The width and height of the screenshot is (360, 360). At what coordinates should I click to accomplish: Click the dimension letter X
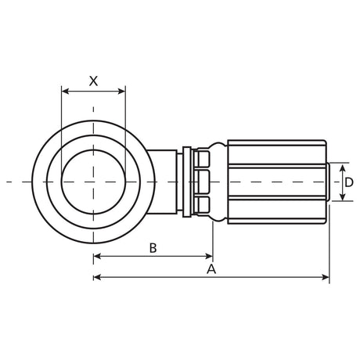pyautogui.click(x=93, y=81)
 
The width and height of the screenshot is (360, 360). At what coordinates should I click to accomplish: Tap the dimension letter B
pyautogui.click(x=153, y=248)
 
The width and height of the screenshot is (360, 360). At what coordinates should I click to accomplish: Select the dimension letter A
pyautogui.click(x=211, y=269)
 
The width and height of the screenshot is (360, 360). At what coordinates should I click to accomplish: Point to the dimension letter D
pyautogui.click(x=349, y=182)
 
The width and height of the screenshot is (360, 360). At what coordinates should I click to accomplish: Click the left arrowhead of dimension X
pyautogui.click(x=65, y=92)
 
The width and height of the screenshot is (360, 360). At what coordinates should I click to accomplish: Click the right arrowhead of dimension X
pyautogui.click(x=122, y=92)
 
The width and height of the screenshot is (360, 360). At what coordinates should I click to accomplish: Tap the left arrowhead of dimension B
pyautogui.click(x=97, y=256)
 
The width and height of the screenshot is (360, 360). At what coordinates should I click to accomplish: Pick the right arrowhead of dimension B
pyautogui.click(x=210, y=256)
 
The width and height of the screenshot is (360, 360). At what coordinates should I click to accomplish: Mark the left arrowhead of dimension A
pyautogui.click(x=97, y=277)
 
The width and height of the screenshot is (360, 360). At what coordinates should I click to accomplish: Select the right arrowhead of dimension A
pyautogui.click(x=326, y=277)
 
